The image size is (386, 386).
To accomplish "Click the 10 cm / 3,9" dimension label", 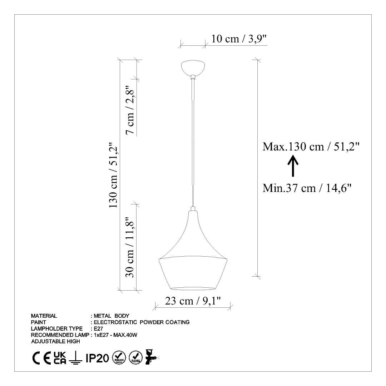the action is pyautogui.click(x=239, y=39).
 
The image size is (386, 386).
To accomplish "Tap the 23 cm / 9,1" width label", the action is pyautogui.click(x=193, y=301).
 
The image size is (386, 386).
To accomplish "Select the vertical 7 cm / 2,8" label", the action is pyautogui.click(x=130, y=110).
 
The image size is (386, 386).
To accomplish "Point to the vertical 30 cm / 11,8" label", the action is pyautogui.click(x=130, y=247).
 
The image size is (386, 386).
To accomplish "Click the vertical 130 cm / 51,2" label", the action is pyautogui.click(x=114, y=175).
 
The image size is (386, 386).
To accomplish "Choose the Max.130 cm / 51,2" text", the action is pyautogui.click(x=311, y=147).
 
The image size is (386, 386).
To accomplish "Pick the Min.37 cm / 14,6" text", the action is pyautogui.click(x=307, y=188).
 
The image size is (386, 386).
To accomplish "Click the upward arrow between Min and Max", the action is pyautogui.click(x=293, y=166).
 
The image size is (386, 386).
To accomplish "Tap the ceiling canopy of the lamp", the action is pyautogui.click(x=193, y=68).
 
